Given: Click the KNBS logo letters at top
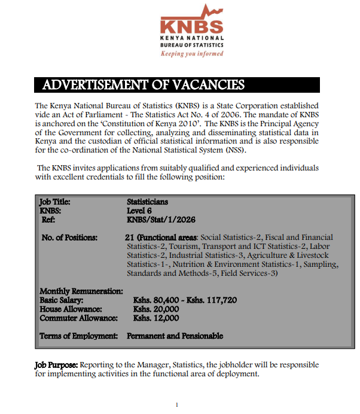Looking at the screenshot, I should pyautogui.click(x=191, y=27).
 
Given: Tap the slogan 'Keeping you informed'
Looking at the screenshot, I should pyautogui.click(x=191, y=53).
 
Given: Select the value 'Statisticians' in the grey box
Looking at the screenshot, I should pyautogui.click(x=147, y=202).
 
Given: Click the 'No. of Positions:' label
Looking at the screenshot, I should pyautogui.click(x=69, y=238).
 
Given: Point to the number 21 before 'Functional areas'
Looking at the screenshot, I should pyautogui.click(x=130, y=238).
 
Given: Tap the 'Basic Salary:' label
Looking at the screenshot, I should pyautogui.click(x=61, y=300).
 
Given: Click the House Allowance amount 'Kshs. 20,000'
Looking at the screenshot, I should pyautogui.click(x=156, y=309).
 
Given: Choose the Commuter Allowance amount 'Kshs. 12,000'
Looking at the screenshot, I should pyautogui.click(x=156, y=318).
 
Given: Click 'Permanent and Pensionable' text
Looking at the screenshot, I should pyautogui.click(x=175, y=336).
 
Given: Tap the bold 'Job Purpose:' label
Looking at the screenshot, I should pyautogui.click(x=56, y=364).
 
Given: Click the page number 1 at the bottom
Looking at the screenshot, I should pyautogui.click(x=176, y=405).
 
